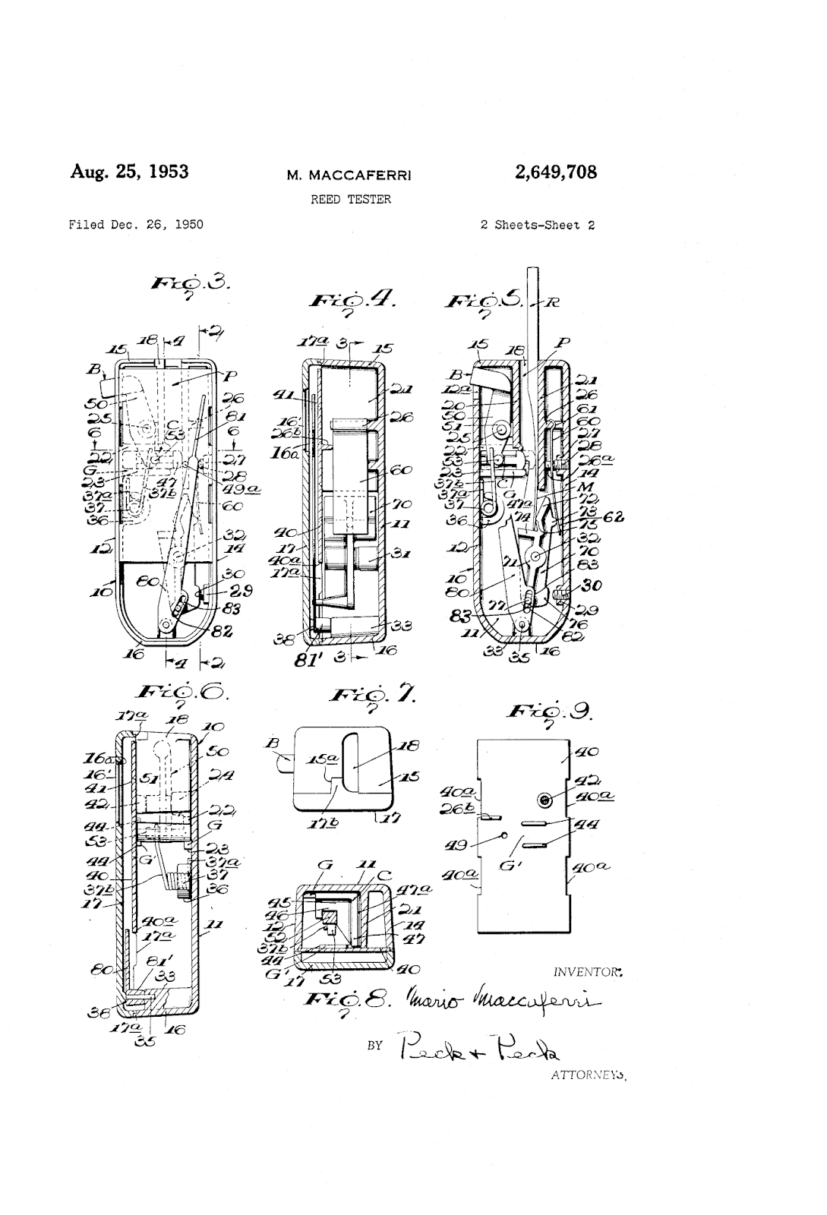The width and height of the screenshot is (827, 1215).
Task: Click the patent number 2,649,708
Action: click(x=555, y=172)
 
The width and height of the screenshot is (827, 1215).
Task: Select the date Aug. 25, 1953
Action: click(x=129, y=171)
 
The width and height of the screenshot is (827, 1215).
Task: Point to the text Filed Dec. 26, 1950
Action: click(x=136, y=225)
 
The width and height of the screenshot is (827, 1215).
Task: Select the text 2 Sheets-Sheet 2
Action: click(x=538, y=225)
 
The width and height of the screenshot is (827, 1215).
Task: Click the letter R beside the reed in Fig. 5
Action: click(x=553, y=301)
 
